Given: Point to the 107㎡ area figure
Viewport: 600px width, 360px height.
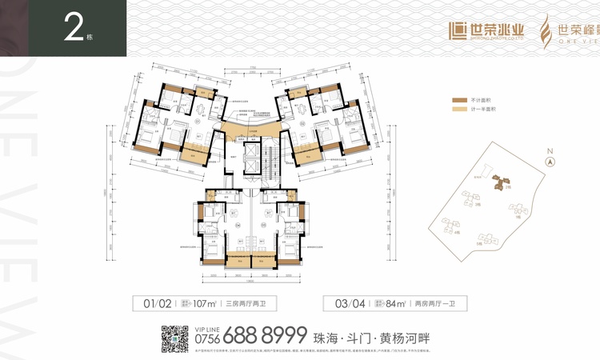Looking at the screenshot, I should (205, 305).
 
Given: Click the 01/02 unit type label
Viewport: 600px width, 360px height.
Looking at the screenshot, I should (158, 305).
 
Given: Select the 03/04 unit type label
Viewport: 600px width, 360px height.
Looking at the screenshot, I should (339, 305).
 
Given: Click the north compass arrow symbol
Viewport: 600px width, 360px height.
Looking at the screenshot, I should (550, 162).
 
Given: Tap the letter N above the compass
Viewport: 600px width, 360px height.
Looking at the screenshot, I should (550, 150).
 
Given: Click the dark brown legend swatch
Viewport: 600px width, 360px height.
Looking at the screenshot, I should (458, 100).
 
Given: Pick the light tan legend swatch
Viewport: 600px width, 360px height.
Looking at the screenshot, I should (458, 110).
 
